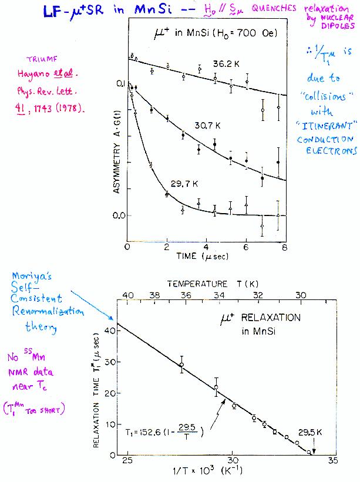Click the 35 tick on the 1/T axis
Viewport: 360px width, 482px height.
click(333, 461)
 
